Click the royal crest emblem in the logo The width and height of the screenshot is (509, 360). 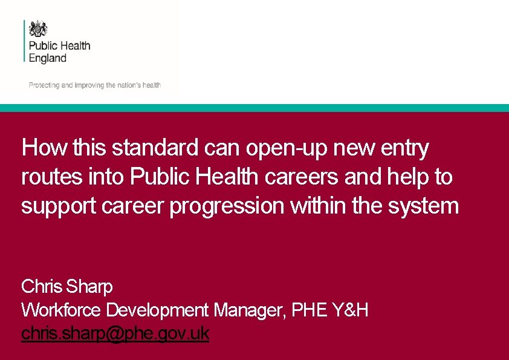[x=38, y=29]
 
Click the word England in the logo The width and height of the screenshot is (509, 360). [x=48, y=59]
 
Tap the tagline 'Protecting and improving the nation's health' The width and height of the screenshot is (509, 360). [x=95, y=85]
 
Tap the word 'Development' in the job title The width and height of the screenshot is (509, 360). [x=158, y=310]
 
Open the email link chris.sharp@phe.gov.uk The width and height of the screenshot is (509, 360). [x=115, y=334]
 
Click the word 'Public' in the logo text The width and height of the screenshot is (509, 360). [x=42, y=46]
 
